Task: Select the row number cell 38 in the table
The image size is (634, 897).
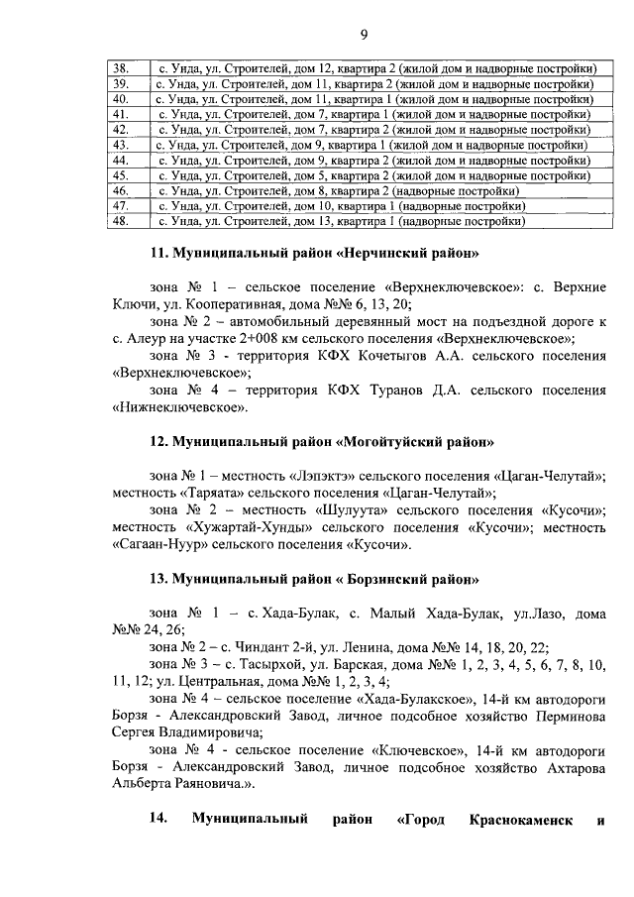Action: click(121, 68)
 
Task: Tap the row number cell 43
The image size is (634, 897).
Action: click(121, 145)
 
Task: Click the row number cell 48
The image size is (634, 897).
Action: click(121, 221)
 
